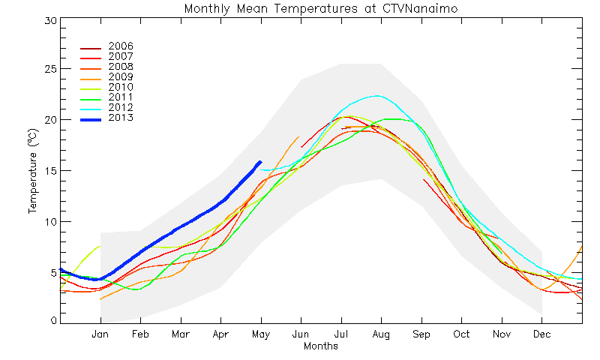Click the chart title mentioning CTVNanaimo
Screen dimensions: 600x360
(321, 8)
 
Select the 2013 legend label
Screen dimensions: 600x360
(121, 118)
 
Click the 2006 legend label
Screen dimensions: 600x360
(121, 46)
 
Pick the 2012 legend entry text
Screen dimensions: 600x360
(121, 107)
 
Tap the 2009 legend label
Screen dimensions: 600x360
(121, 76)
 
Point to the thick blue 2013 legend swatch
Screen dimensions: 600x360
(91, 120)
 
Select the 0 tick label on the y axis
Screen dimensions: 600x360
(54, 320)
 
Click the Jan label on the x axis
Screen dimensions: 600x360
(100, 334)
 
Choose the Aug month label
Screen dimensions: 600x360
(381, 334)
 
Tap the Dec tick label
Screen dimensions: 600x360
(541, 334)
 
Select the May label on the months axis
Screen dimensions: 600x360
(261, 334)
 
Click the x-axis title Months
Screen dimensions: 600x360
(321, 346)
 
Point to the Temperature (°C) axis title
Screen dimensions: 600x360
(33, 171)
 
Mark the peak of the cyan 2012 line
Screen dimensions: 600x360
(378, 96)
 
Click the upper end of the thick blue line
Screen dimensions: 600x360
(260, 162)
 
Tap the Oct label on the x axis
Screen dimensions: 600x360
(461, 334)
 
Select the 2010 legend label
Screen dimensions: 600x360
(121, 87)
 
